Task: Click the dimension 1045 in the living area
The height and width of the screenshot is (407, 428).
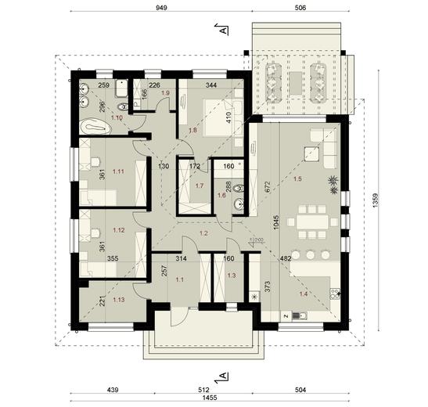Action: tap(274, 225)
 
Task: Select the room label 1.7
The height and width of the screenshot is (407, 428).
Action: tap(200, 186)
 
